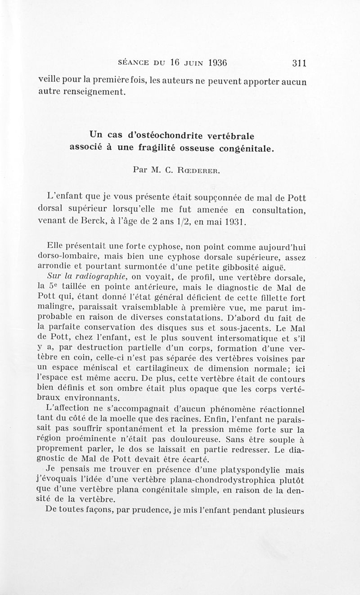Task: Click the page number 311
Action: pos(299,63)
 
